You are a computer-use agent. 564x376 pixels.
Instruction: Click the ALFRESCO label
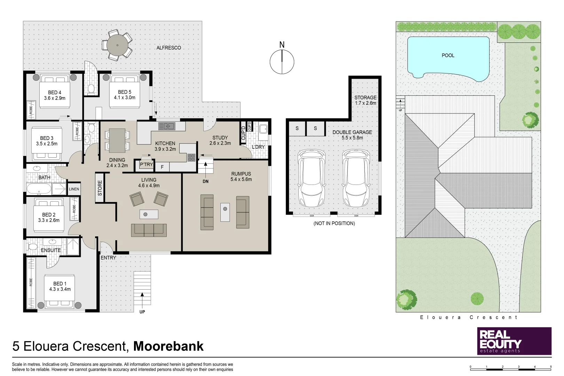click(x=169, y=48)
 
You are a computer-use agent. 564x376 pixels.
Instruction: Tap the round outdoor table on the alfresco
click(x=117, y=45)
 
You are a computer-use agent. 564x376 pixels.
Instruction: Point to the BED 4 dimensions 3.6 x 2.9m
click(x=55, y=98)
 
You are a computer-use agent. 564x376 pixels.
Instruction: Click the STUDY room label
click(x=220, y=138)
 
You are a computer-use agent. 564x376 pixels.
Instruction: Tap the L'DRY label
click(x=258, y=147)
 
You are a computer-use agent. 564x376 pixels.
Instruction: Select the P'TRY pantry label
click(x=147, y=164)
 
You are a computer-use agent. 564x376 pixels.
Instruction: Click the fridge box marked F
click(x=162, y=167)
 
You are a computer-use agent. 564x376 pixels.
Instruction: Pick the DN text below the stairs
click(x=205, y=181)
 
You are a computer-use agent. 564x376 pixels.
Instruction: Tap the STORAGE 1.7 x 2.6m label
click(x=365, y=100)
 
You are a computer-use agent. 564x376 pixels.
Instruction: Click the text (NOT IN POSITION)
click(x=334, y=224)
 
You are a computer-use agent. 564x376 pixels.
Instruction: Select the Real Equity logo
click(x=514, y=341)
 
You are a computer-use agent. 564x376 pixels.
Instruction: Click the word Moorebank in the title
click(x=169, y=346)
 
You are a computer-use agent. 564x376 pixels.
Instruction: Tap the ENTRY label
click(x=108, y=258)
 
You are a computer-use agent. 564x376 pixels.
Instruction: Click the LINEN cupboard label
click(x=74, y=189)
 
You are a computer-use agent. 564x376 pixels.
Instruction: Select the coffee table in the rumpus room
click(x=225, y=212)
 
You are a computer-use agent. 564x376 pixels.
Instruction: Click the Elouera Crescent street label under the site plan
click(x=469, y=317)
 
